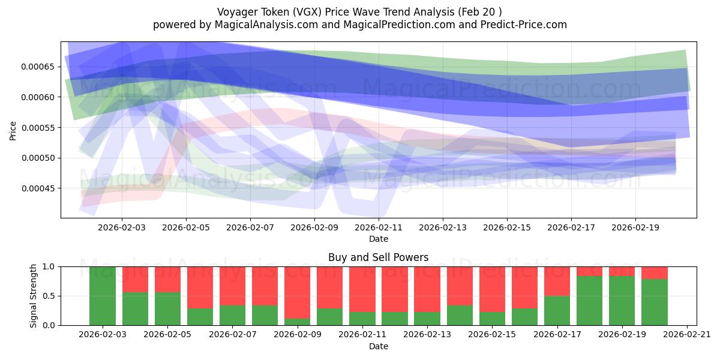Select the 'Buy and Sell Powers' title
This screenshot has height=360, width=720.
(378, 257)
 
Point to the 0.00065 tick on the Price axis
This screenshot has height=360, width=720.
(38, 67)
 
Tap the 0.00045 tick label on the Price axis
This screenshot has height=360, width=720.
(38, 188)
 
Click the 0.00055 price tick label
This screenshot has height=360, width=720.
(38, 128)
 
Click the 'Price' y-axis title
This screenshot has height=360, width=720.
(13, 130)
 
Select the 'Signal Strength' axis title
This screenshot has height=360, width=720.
(34, 296)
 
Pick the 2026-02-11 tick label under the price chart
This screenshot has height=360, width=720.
(379, 228)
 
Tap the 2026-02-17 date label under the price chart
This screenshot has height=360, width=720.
(571, 228)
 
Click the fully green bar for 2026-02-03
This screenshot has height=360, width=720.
(103, 296)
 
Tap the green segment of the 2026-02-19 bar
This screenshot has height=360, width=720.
(622, 301)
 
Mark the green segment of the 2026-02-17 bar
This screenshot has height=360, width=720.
(557, 310)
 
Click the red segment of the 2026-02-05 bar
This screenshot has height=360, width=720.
(167, 279)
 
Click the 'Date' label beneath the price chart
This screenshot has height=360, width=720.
(378, 239)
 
